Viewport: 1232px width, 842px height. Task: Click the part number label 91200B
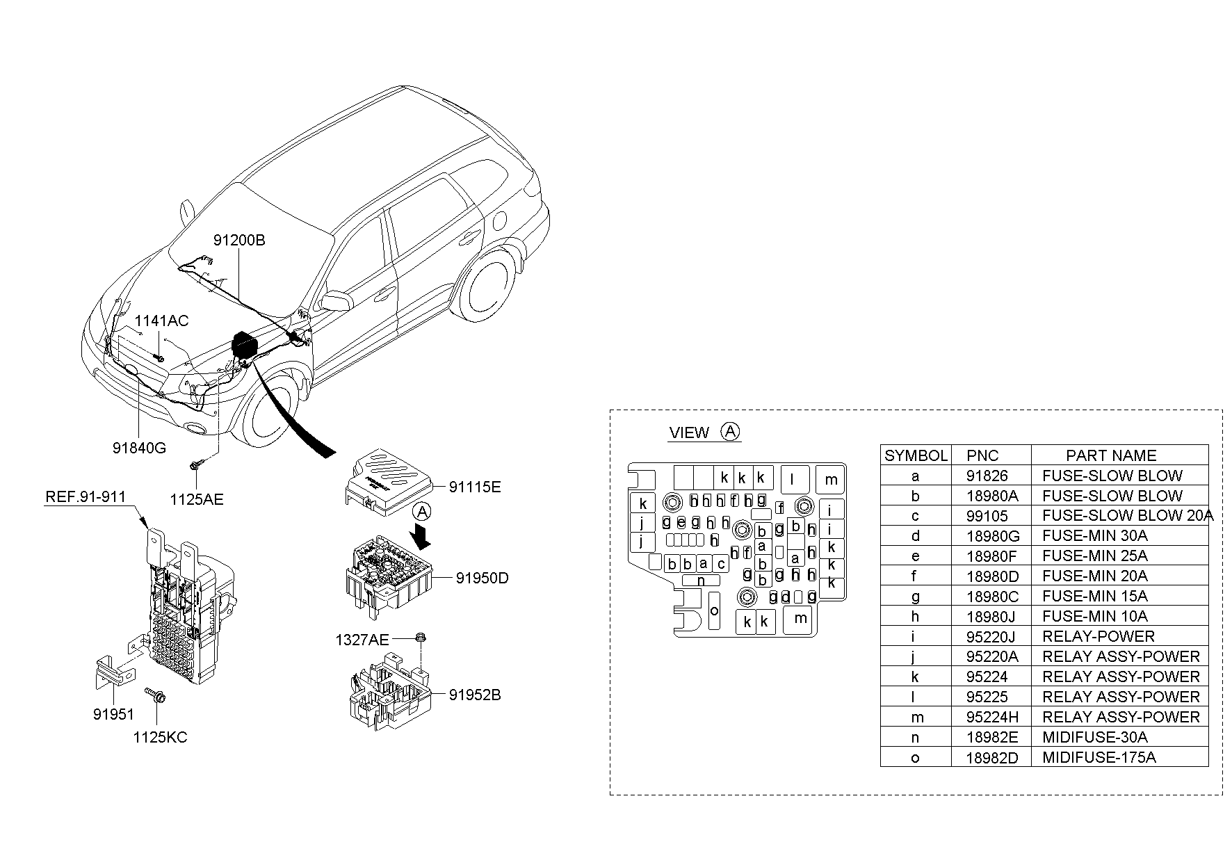[x=238, y=241]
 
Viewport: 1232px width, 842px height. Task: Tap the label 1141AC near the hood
[x=161, y=321]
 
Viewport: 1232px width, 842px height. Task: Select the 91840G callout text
[x=139, y=448]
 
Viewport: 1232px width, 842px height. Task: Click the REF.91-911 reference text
[x=86, y=496]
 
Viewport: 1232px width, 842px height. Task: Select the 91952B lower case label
[x=474, y=695]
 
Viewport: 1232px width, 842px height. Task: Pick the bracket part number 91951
[x=113, y=714]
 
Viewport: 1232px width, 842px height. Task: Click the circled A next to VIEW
[x=730, y=432]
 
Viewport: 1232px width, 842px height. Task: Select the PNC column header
[x=982, y=455]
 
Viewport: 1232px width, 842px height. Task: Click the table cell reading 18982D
[x=992, y=758]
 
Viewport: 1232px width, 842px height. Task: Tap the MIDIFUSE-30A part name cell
[x=1094, y=738]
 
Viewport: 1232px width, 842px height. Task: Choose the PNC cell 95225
[x=987, y=697]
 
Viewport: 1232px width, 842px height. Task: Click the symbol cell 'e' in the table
[x=915, y=556]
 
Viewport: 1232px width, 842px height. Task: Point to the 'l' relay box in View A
[x=792, y=478]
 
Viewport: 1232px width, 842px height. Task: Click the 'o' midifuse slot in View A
[x=714, y=610]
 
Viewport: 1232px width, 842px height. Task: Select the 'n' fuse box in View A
[x=701, y=581]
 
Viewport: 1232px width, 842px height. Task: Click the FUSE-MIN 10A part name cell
[x=1094, y=617]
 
